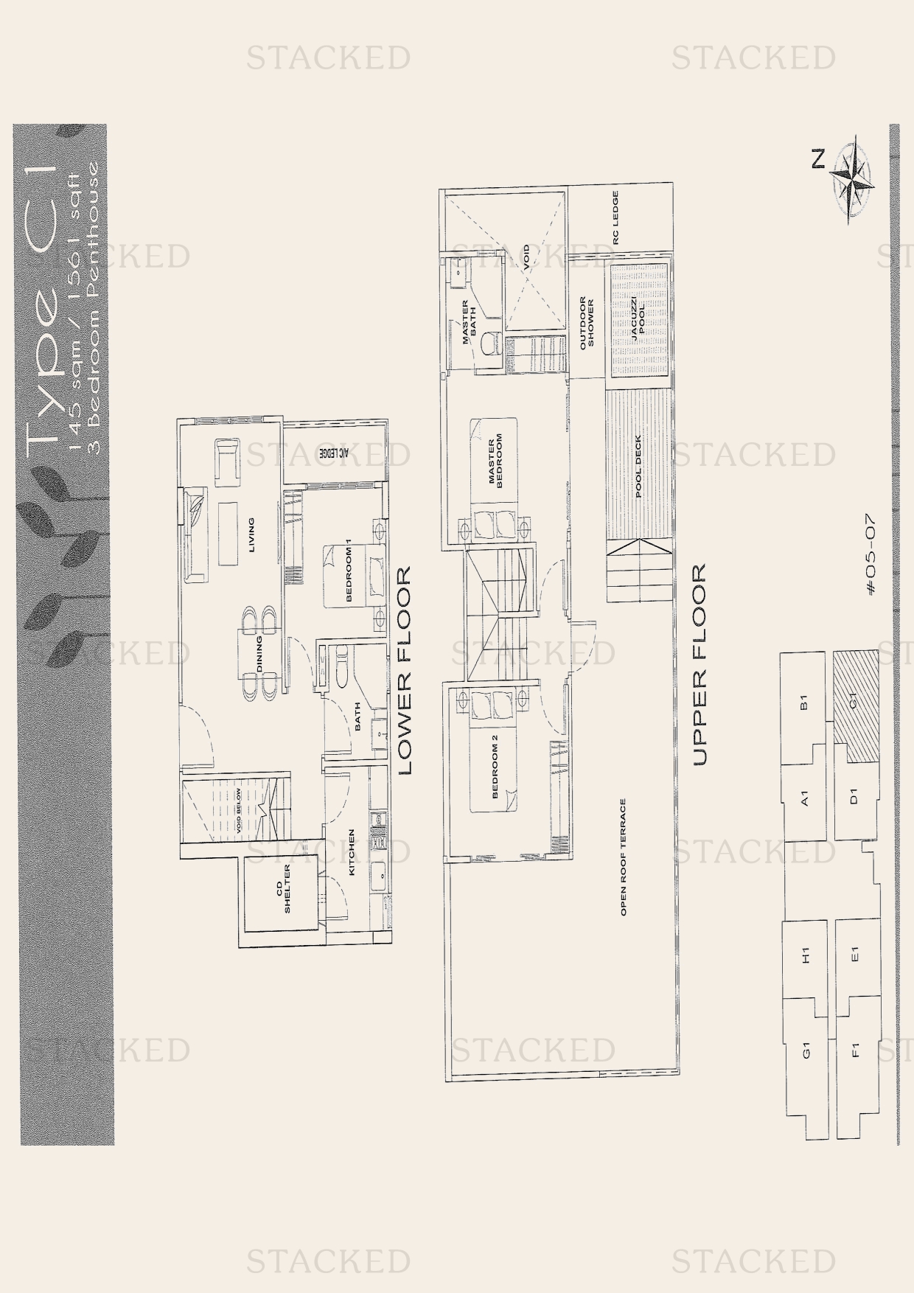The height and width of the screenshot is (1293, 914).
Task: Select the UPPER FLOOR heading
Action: tap(699, 664)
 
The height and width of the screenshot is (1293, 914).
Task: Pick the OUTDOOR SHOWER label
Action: tap(586, 323)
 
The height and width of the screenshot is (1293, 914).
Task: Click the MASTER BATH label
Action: tap(470, 322)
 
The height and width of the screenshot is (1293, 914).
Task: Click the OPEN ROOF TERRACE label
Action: tap(623, 857)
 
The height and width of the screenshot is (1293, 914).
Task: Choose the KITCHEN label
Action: tap(352, 852)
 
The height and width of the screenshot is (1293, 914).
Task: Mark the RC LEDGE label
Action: tap(615, 218)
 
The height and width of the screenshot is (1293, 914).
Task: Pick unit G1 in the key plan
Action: tap(806, 1049)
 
